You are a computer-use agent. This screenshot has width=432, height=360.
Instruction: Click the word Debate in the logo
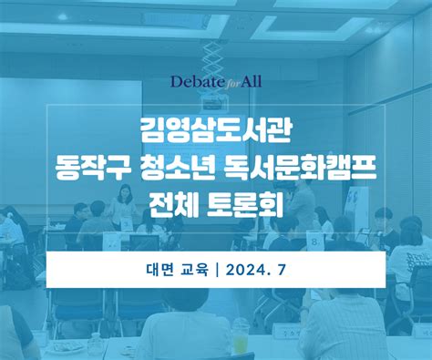(x=194, y=81)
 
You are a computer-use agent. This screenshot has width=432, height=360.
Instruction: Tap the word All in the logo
(x=249, y=81)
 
